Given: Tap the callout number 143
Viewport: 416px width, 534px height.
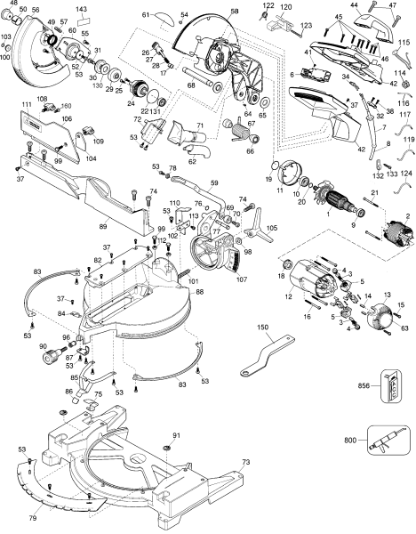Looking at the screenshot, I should pyautogui.click(x=82, y=9).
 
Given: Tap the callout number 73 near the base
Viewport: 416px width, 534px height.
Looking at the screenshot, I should pyautogui.click(x=246, y=463).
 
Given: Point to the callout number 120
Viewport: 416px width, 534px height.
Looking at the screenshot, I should pyautogui.click(x=287, y=7).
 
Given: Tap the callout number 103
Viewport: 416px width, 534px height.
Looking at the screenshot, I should pyautogui.click(x=6, y=37).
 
